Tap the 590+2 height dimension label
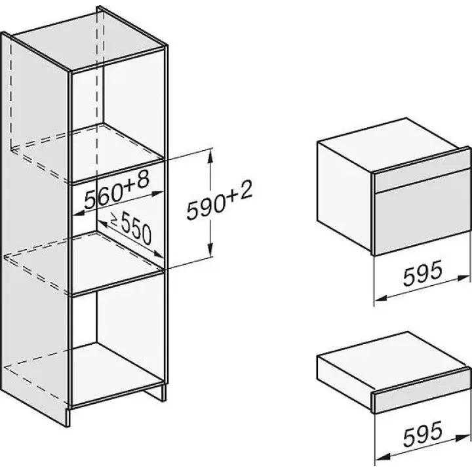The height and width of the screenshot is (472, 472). pos(219,200)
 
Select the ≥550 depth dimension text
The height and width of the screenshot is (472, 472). pos(131,227)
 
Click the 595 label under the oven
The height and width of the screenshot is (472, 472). pos(422,273)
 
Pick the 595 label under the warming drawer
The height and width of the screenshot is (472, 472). pos(422,434)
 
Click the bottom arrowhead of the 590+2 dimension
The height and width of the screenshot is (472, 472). pos(210,252)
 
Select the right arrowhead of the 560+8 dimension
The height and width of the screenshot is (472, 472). pos(158,193)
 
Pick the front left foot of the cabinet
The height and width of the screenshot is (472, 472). pos(68,417)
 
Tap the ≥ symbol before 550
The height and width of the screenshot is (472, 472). pos(114,220)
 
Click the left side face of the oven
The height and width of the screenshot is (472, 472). pos(345,196)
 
